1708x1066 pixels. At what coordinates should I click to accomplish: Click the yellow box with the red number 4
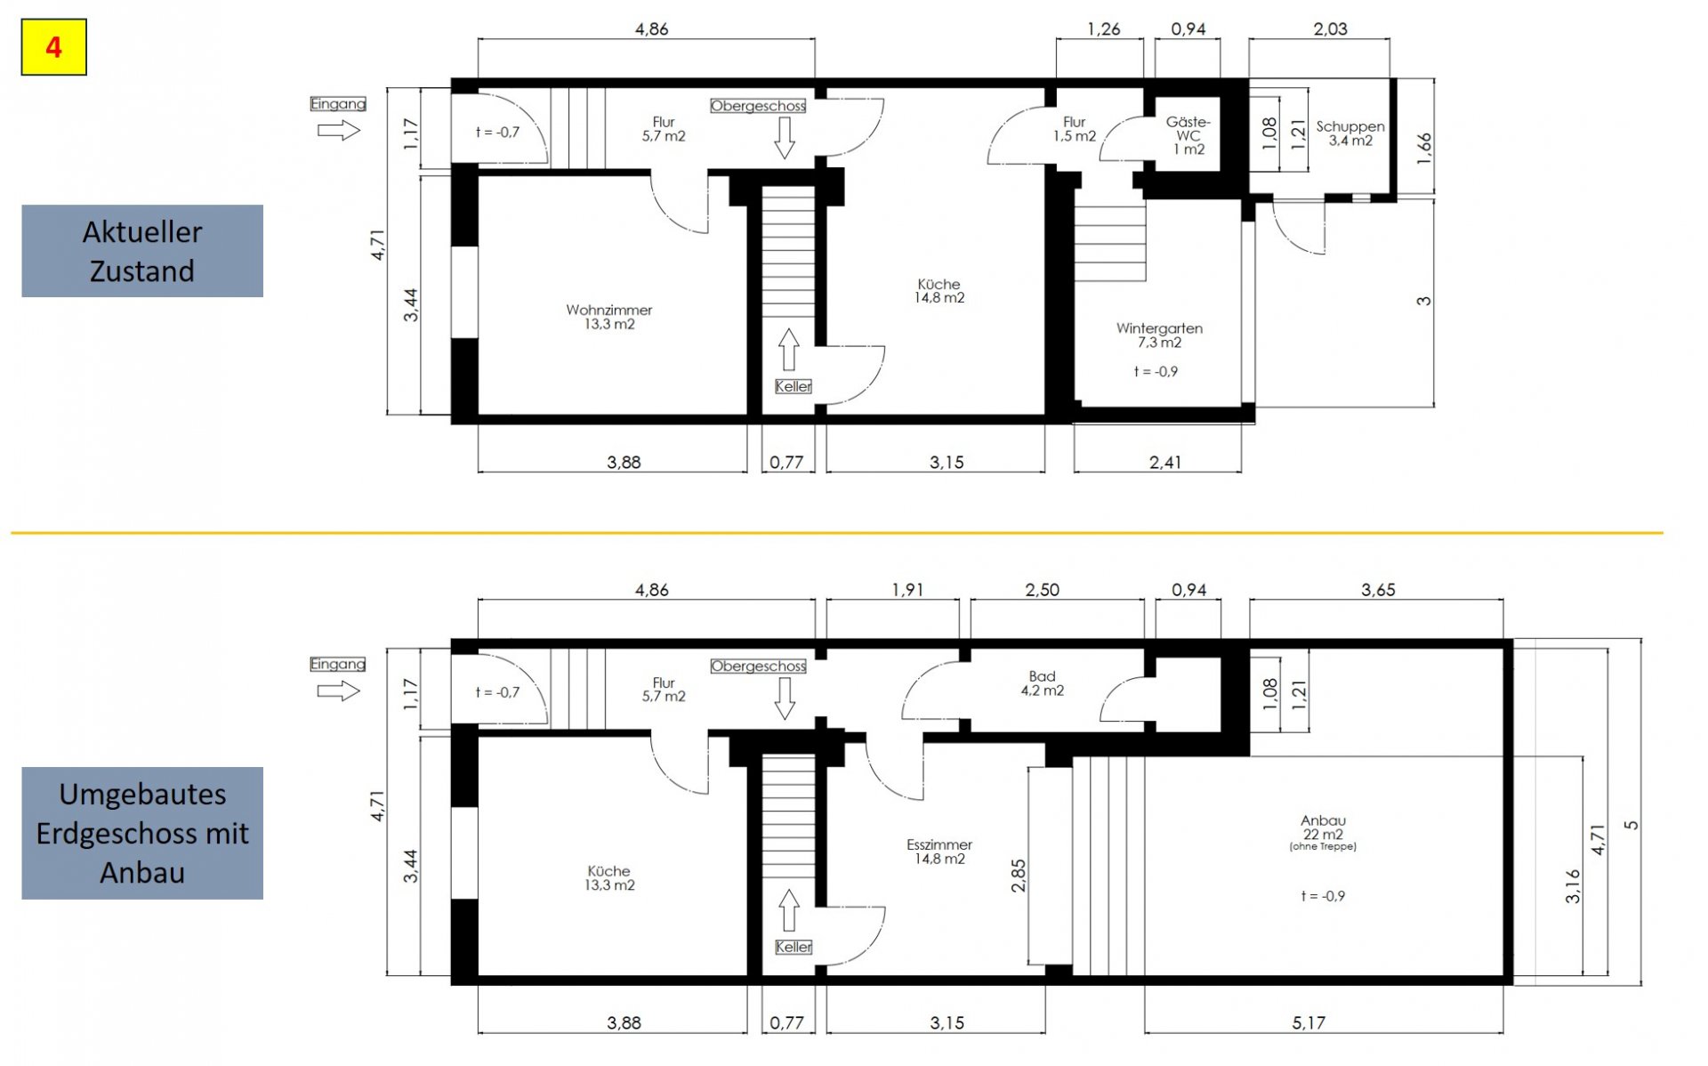click(x=53, y=46)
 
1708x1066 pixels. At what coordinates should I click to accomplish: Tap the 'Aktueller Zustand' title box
click(x=142, y=251)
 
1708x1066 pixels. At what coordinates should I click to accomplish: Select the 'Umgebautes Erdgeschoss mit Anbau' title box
click(x=142, y=833)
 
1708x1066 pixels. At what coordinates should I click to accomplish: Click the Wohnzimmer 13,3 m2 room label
click(x=609, y=317)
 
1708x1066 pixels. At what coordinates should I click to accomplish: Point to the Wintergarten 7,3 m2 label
click(x=1159, y=335)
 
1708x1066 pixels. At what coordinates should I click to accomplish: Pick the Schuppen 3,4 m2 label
click(x=1350, y=133)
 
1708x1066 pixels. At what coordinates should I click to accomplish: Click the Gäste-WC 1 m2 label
click(x=1188, y=135)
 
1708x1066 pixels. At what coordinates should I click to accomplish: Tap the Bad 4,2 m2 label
click(x=1043, y=683)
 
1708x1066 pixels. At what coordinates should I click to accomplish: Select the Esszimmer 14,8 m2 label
click(x=939, y=852)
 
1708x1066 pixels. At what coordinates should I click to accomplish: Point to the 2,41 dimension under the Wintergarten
click(x=1165, y=462)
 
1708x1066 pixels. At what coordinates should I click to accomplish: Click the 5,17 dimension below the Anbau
click(x=1309, y=1023)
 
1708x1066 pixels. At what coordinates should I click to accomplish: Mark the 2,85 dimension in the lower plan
click(x=1019, y=876)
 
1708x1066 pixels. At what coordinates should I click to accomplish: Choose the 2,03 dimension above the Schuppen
click(x=1330, y=29)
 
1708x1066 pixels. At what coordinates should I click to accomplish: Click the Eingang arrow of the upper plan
click(x=339, y=131)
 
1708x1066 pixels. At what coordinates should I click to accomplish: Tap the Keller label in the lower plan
click(x=794, y=947)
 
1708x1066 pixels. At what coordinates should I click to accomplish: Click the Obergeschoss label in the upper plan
click(x=758, y=106)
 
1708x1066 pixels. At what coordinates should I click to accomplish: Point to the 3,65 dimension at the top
click(x=1378, y=590)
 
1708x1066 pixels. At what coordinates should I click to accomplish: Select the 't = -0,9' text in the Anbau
click(x=1323, y=896)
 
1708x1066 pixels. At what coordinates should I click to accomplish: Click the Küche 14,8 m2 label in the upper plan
click(x=939, y=291)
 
